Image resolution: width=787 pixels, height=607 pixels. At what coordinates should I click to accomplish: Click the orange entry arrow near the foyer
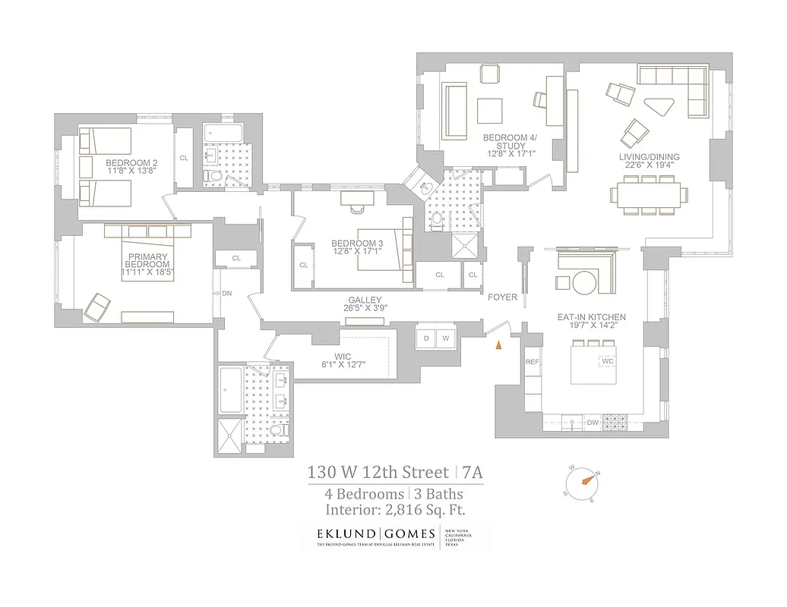[x=498, y=345]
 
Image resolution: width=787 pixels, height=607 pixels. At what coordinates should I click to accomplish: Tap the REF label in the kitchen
[x=532, y=362]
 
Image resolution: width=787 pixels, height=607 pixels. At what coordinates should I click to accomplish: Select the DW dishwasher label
[x=593, y=423]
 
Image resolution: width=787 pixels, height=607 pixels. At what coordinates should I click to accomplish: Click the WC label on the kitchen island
[x=607, y=361]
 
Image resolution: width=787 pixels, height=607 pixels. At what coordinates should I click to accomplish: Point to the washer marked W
[x=446, y=338]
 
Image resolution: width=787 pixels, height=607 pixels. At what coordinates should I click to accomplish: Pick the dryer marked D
[x=426, y=338]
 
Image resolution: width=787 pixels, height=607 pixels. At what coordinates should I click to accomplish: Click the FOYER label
[x=503, y=297]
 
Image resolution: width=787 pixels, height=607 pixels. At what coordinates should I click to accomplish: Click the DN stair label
[x=226, y=293]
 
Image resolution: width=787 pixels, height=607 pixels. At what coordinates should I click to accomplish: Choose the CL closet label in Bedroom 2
[x=184, y=158]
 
